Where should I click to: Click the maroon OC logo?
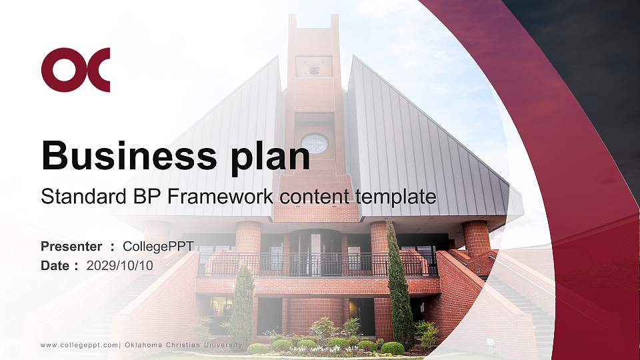point(75,69)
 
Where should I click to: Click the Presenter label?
point(71,247)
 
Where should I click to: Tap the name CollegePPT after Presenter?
point(158,247)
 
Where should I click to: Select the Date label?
point(55,265)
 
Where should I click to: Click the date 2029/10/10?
point(119,265)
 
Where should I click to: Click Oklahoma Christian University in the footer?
point(183,345)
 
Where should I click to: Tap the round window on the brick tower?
point(314,143)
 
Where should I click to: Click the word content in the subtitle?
point(317,197)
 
